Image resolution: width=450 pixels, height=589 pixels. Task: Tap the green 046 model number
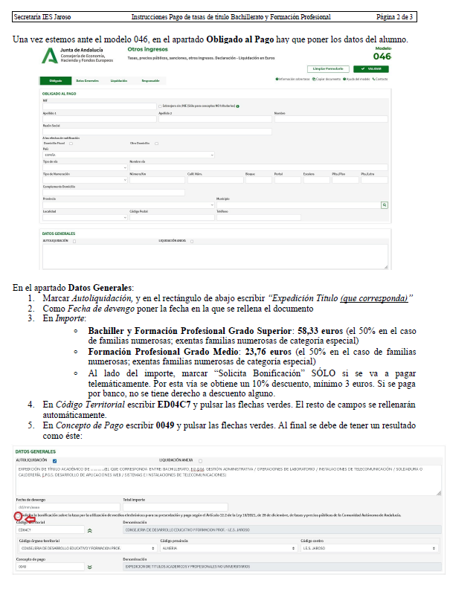click(382, 56)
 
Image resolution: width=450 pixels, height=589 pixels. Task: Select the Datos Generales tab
click(87, 80)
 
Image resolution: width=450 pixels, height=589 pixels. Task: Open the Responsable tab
click(151, 80)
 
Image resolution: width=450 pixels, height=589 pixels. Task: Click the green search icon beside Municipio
click(385, 204)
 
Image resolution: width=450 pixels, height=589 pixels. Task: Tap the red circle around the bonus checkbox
click(18, 515)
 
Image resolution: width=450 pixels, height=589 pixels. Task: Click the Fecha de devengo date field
click(65, 506)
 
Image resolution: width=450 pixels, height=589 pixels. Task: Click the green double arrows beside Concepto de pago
click(90, 567)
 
